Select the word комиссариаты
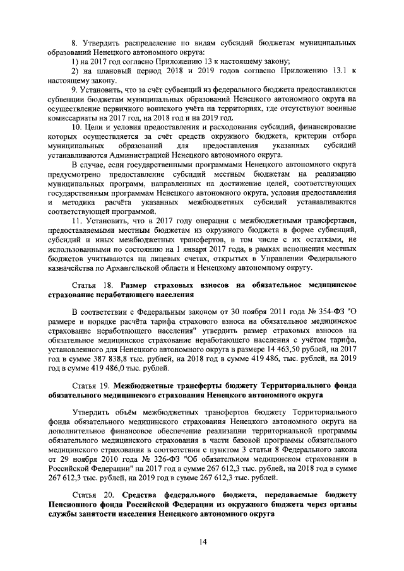[x=76, y=118]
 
